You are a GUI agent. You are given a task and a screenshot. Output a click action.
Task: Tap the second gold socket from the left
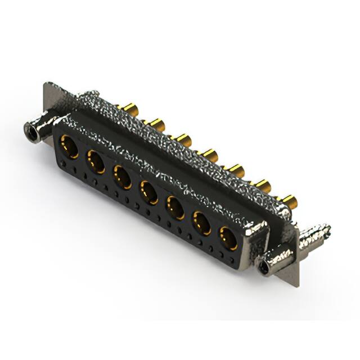click(96, 163)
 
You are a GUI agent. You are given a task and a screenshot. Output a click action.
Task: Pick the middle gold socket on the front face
click(149, 191)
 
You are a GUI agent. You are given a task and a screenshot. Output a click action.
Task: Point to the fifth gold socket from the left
click(175, 207)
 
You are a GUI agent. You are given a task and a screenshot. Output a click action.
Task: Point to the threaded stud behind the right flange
click(315, 236)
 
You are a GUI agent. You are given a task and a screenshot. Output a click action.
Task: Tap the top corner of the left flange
click(47, 84)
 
